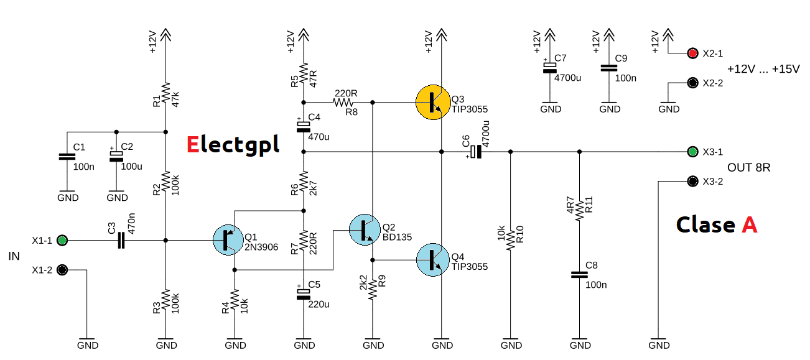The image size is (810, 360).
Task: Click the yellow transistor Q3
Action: (433, 101)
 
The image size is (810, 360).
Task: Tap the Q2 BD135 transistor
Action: (365, 229)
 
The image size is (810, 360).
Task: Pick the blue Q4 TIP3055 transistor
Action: (433, 260)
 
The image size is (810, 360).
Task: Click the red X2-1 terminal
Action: (692, 53)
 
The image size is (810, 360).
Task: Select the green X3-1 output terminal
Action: (692, 152)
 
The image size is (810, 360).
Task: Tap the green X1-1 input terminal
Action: (62, 240)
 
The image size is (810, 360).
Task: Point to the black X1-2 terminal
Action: (62, 270)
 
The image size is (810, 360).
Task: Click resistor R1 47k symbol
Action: (166, 93)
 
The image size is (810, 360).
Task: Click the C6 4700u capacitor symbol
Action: (476, 151)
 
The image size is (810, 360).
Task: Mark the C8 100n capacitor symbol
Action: (580, 274)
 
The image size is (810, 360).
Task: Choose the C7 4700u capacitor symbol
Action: (549, 67)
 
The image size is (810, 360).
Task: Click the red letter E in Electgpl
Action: (193, 144)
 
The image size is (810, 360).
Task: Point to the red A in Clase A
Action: (749, 224)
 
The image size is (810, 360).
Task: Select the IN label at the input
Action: (14, 256)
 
